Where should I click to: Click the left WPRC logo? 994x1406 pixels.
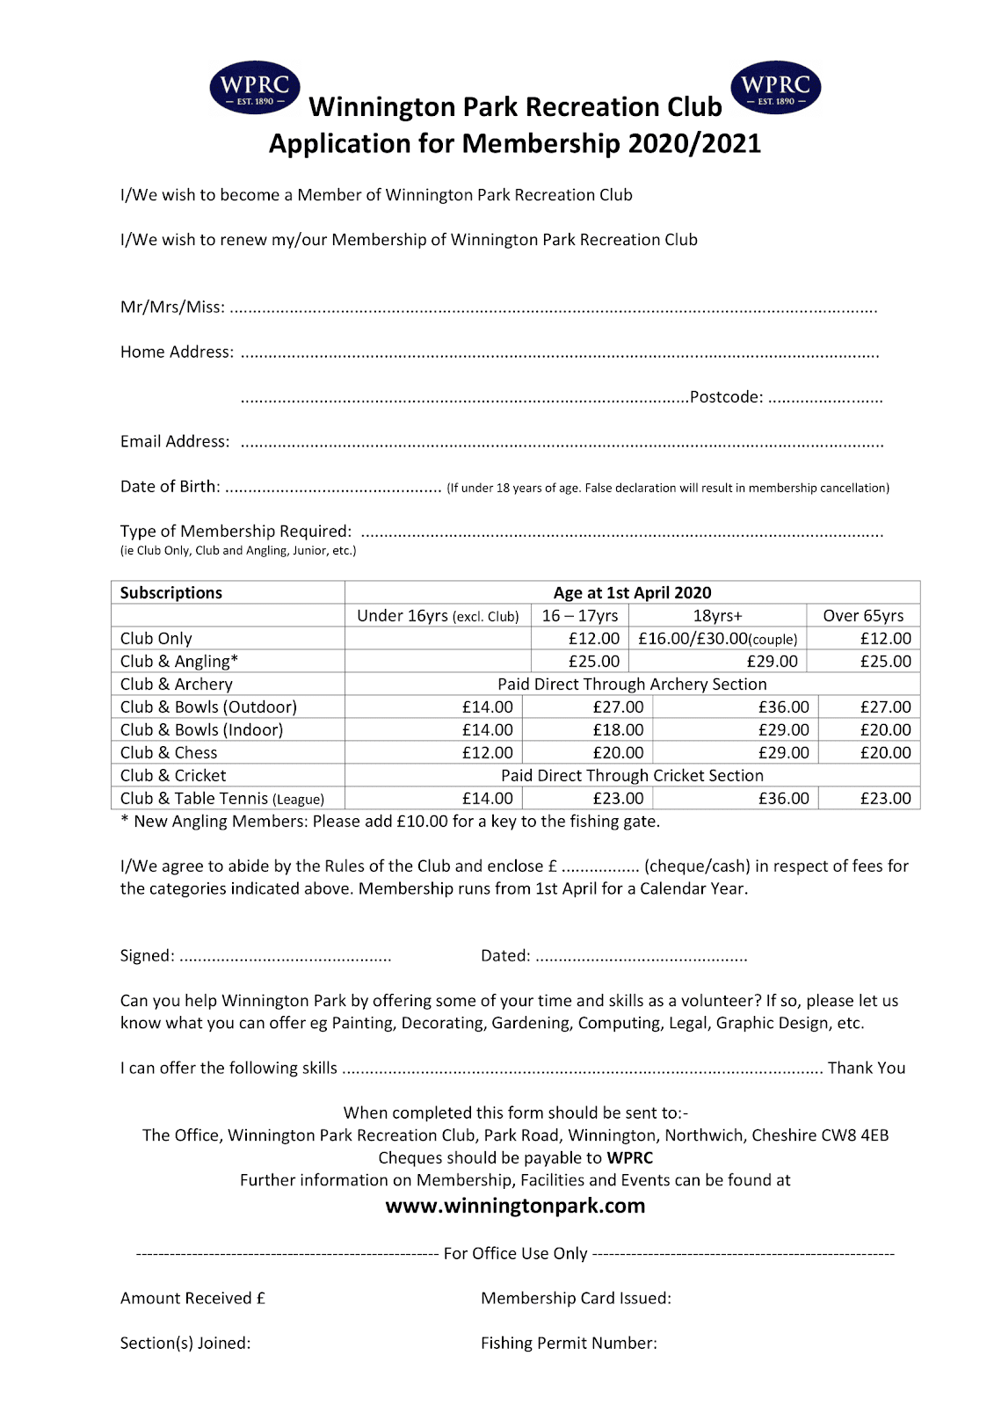255,88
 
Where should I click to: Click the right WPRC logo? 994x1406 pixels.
776,88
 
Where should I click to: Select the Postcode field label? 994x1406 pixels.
726,397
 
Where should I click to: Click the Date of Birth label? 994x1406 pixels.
171,487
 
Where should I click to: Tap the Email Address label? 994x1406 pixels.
175,442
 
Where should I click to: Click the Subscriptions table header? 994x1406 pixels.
171,593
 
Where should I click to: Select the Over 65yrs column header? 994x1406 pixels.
863,616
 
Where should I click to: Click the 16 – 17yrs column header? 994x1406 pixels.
580,616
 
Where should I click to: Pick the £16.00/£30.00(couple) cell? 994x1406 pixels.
718,639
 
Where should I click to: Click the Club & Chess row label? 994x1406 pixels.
169,753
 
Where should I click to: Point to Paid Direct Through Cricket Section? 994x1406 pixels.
632,776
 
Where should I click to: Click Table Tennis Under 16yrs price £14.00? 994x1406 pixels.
488,799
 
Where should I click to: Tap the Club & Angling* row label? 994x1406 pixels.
179,662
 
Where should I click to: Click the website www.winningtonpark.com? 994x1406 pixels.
515,1206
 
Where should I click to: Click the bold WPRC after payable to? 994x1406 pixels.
630,1158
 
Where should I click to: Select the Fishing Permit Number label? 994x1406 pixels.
569,1344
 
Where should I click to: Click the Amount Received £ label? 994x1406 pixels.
192,1299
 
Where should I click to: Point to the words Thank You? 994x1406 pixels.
866,1069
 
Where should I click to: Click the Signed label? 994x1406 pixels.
147,956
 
